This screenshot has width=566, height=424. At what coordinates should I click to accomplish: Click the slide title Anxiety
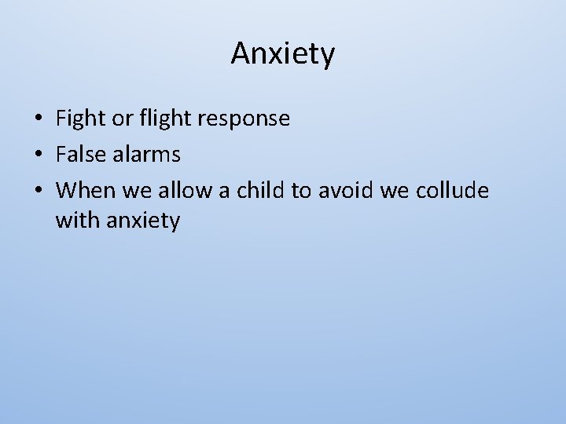[283, 54]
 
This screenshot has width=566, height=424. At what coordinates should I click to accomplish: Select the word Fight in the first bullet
[77, 119]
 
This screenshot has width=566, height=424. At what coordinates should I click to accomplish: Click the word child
[258, 190]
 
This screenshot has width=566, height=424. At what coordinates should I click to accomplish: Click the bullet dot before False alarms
[38, 155]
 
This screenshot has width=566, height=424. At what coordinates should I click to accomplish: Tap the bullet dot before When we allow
[38, 191]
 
